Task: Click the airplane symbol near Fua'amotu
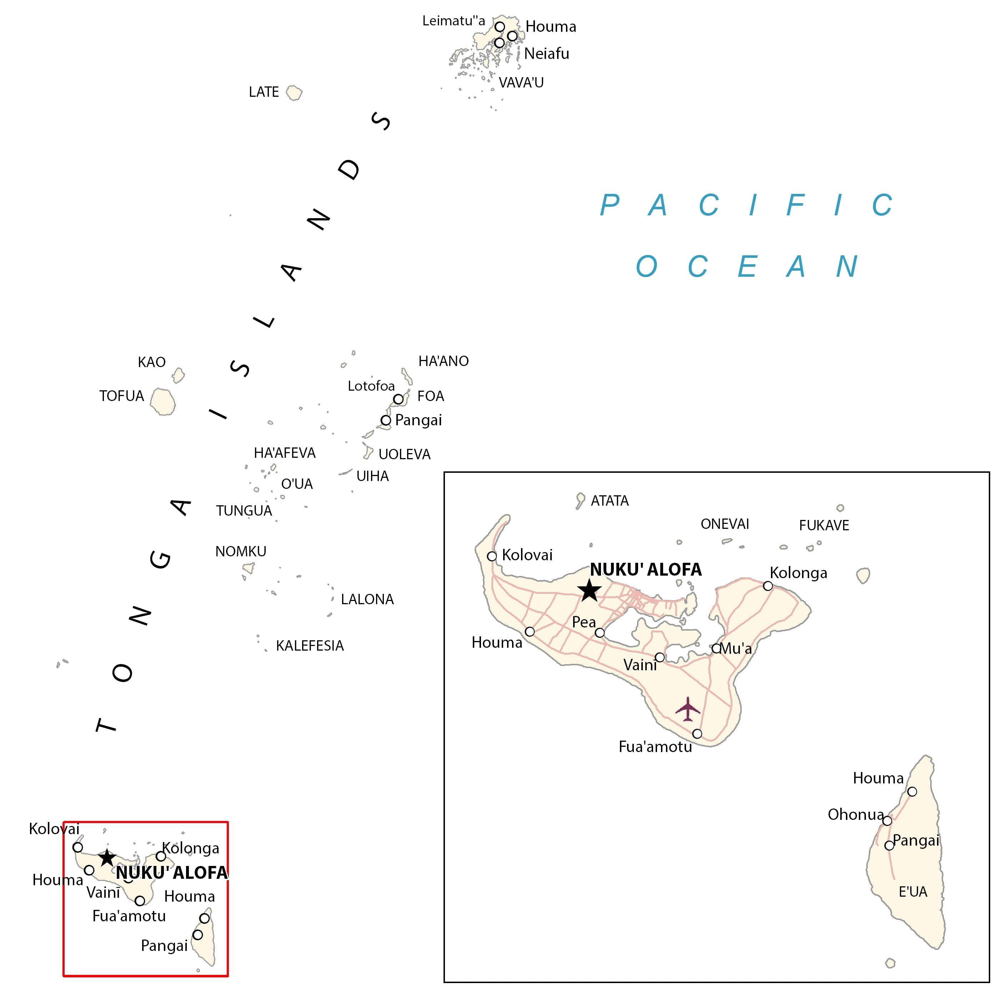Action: point(687,709)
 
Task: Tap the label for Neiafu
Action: point(546,54)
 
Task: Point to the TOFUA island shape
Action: point(163,401)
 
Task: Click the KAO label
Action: point(151,362)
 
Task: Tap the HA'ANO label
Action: point(443,361)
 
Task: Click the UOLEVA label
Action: point(404,455)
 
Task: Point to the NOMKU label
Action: point(240,551)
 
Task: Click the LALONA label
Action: point(367,599)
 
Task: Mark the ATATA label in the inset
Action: point(610,501)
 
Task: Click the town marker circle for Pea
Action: point(600,632)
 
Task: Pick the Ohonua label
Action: point(856,814)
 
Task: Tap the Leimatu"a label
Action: point(454,21)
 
